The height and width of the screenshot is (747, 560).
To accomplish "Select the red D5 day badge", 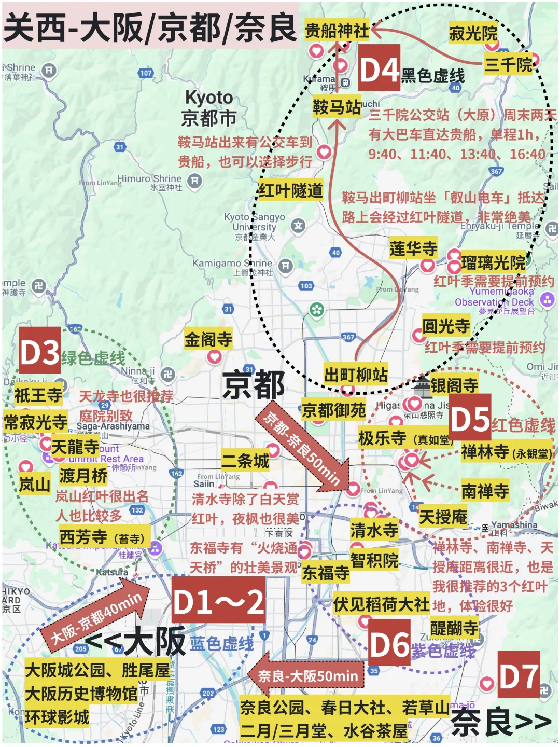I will [470, 420].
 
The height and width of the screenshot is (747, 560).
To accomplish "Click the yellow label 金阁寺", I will [208, 340].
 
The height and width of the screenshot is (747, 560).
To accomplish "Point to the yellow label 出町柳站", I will [356, 374].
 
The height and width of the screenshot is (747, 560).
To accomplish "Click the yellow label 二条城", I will [246, 461].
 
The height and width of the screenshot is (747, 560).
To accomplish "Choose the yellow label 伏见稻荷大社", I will [381, 604].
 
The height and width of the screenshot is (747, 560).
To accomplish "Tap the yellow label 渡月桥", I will [83, 475].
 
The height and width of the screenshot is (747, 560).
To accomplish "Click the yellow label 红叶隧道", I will [290, 191].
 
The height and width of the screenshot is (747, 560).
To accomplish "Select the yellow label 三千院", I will [509, 64].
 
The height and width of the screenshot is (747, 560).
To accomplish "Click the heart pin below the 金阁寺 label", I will [214, 357].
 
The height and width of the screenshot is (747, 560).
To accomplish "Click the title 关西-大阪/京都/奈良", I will [150, 27].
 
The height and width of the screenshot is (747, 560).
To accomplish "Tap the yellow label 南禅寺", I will [485, 490].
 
